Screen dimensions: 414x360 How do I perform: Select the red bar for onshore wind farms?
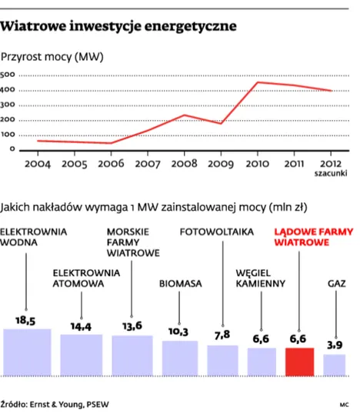click(298, 361)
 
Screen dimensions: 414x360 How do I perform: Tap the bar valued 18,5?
click(27, 352)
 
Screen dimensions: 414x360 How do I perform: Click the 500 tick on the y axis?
click(8, 75)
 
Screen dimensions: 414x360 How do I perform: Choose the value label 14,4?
click(81, 326)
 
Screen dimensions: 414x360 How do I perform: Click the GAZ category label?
click(335, 283)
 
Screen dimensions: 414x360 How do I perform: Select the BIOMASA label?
click(180, 283)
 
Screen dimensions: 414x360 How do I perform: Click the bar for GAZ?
click(335, 365)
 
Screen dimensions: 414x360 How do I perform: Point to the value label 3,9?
click(335, 346)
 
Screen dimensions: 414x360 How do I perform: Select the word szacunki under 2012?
click(331, 173)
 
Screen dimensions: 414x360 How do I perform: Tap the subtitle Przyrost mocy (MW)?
click(53, 57)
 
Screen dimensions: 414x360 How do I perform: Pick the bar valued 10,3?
click(180, 358)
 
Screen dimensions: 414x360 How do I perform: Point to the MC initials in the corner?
click(343, 402)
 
